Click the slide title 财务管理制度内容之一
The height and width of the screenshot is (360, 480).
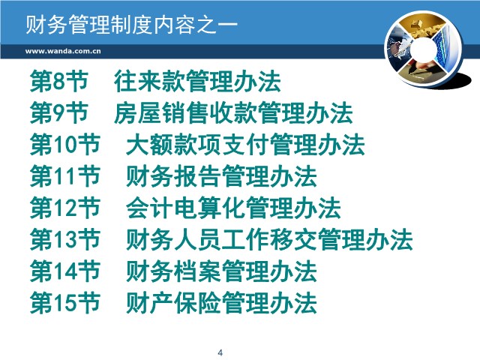tap(132, 24)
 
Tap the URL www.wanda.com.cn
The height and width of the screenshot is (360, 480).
tap(63, 51)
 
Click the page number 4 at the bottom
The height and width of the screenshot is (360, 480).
tap(220, 352)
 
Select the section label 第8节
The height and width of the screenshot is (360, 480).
tap(59, 81)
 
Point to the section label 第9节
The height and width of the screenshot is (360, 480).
tap(59, 113)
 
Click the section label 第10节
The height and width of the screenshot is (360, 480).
tap(65, 145)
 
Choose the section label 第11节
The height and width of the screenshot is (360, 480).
tap(65, 176)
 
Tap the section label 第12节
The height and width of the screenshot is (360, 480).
tap(65, 208)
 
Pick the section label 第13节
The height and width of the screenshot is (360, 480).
tap(65, 239)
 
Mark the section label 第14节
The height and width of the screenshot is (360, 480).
tap(65, 271)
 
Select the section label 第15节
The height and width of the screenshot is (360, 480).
tap(65, 303)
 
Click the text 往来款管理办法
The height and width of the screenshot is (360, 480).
tap(197, 81)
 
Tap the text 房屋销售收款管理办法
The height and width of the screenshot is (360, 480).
tap(233, 113)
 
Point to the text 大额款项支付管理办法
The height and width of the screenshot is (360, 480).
tap(245, 145)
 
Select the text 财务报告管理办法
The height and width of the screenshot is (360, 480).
tap(221, 176)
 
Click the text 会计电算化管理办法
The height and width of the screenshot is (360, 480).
tap(233, 208)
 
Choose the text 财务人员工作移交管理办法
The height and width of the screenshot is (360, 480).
tap(270, 239)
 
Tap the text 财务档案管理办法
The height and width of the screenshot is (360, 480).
tap(221, 271)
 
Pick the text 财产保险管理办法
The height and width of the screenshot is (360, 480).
tap(221, 303)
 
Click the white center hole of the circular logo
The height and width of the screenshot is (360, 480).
tap(424, 49)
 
